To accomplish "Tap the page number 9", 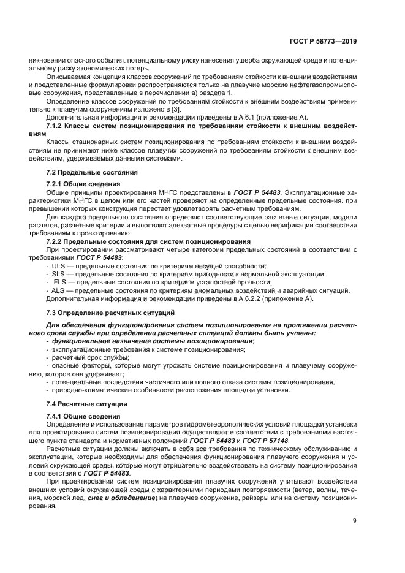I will [x=355, y=522].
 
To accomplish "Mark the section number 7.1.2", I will [x=57, y=125].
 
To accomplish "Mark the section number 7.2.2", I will [x=57, y=241].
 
